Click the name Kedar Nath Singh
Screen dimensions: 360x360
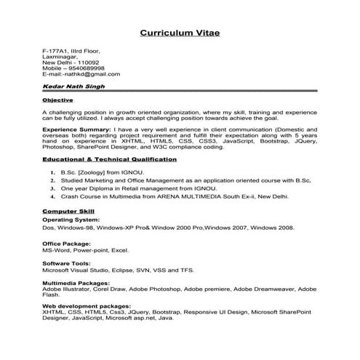coord(73,87)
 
